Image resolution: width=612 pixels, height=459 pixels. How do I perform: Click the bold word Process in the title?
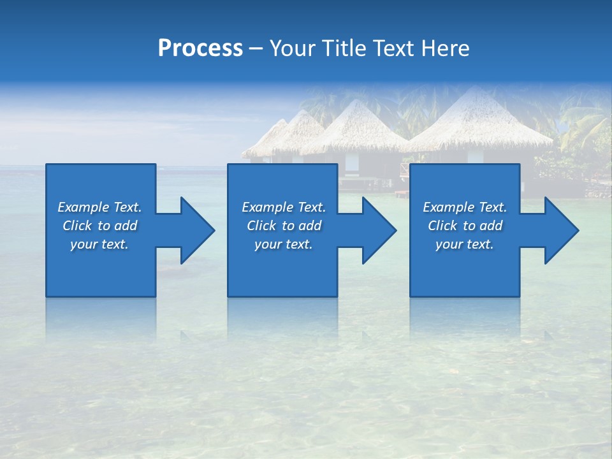(200, 48)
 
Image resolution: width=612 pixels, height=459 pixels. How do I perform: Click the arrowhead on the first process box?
(197, 230)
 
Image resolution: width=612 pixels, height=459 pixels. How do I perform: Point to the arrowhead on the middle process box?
(379, 230)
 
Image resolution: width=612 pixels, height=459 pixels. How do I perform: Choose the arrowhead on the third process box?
(561, 230)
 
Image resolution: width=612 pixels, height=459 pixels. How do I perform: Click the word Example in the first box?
(84, 207)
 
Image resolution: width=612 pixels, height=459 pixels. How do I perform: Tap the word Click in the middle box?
(261, 226)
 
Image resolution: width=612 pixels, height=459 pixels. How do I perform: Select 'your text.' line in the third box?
(464, 244)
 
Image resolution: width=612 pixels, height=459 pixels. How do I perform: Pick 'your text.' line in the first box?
(99, 244)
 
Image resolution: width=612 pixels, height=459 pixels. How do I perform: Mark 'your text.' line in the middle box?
(283, 244)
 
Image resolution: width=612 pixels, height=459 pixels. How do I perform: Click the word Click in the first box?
(77, 226)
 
